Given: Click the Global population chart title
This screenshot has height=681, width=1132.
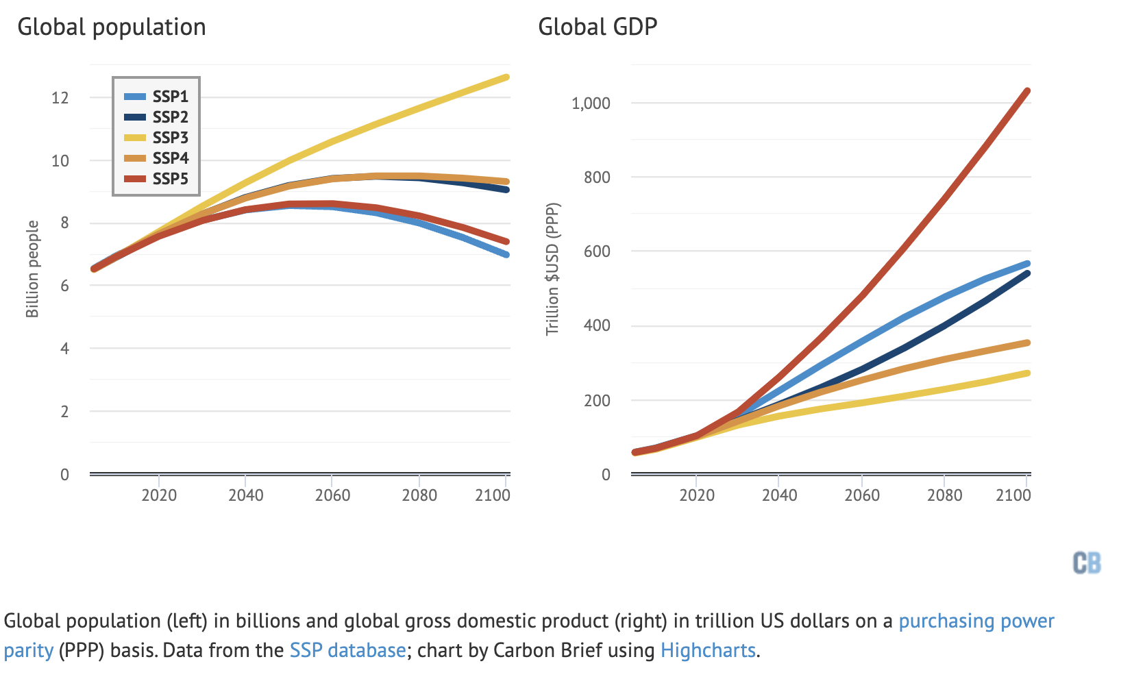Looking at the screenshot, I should point(112,27).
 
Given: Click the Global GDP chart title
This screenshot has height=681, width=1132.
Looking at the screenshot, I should point(598,27).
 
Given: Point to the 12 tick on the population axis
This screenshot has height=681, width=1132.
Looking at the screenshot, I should point(60,97).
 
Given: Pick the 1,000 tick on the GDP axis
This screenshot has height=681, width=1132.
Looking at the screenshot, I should point(591,103).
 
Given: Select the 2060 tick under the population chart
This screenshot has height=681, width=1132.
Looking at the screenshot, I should point(332,495).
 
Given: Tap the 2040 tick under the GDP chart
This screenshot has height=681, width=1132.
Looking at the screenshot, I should point(779,495).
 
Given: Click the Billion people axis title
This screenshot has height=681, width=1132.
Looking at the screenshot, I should point(32,269).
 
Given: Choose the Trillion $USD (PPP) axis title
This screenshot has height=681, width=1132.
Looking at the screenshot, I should point(552,269).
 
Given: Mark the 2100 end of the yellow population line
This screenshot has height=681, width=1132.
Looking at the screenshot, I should point(506,77).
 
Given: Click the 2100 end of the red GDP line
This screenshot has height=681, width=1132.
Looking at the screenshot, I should point(1027,91).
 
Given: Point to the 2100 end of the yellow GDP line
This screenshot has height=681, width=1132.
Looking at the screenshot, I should point(1027,373).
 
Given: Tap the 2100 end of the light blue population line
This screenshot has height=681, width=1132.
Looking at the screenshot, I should point(506,255).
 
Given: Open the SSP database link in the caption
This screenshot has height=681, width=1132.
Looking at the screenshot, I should point(347,650).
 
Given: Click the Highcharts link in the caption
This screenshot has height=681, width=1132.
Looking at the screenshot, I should point(708,650).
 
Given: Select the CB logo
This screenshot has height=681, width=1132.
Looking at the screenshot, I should point(1087,563).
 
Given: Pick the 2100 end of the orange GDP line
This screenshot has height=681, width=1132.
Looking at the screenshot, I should point(1027,343).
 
